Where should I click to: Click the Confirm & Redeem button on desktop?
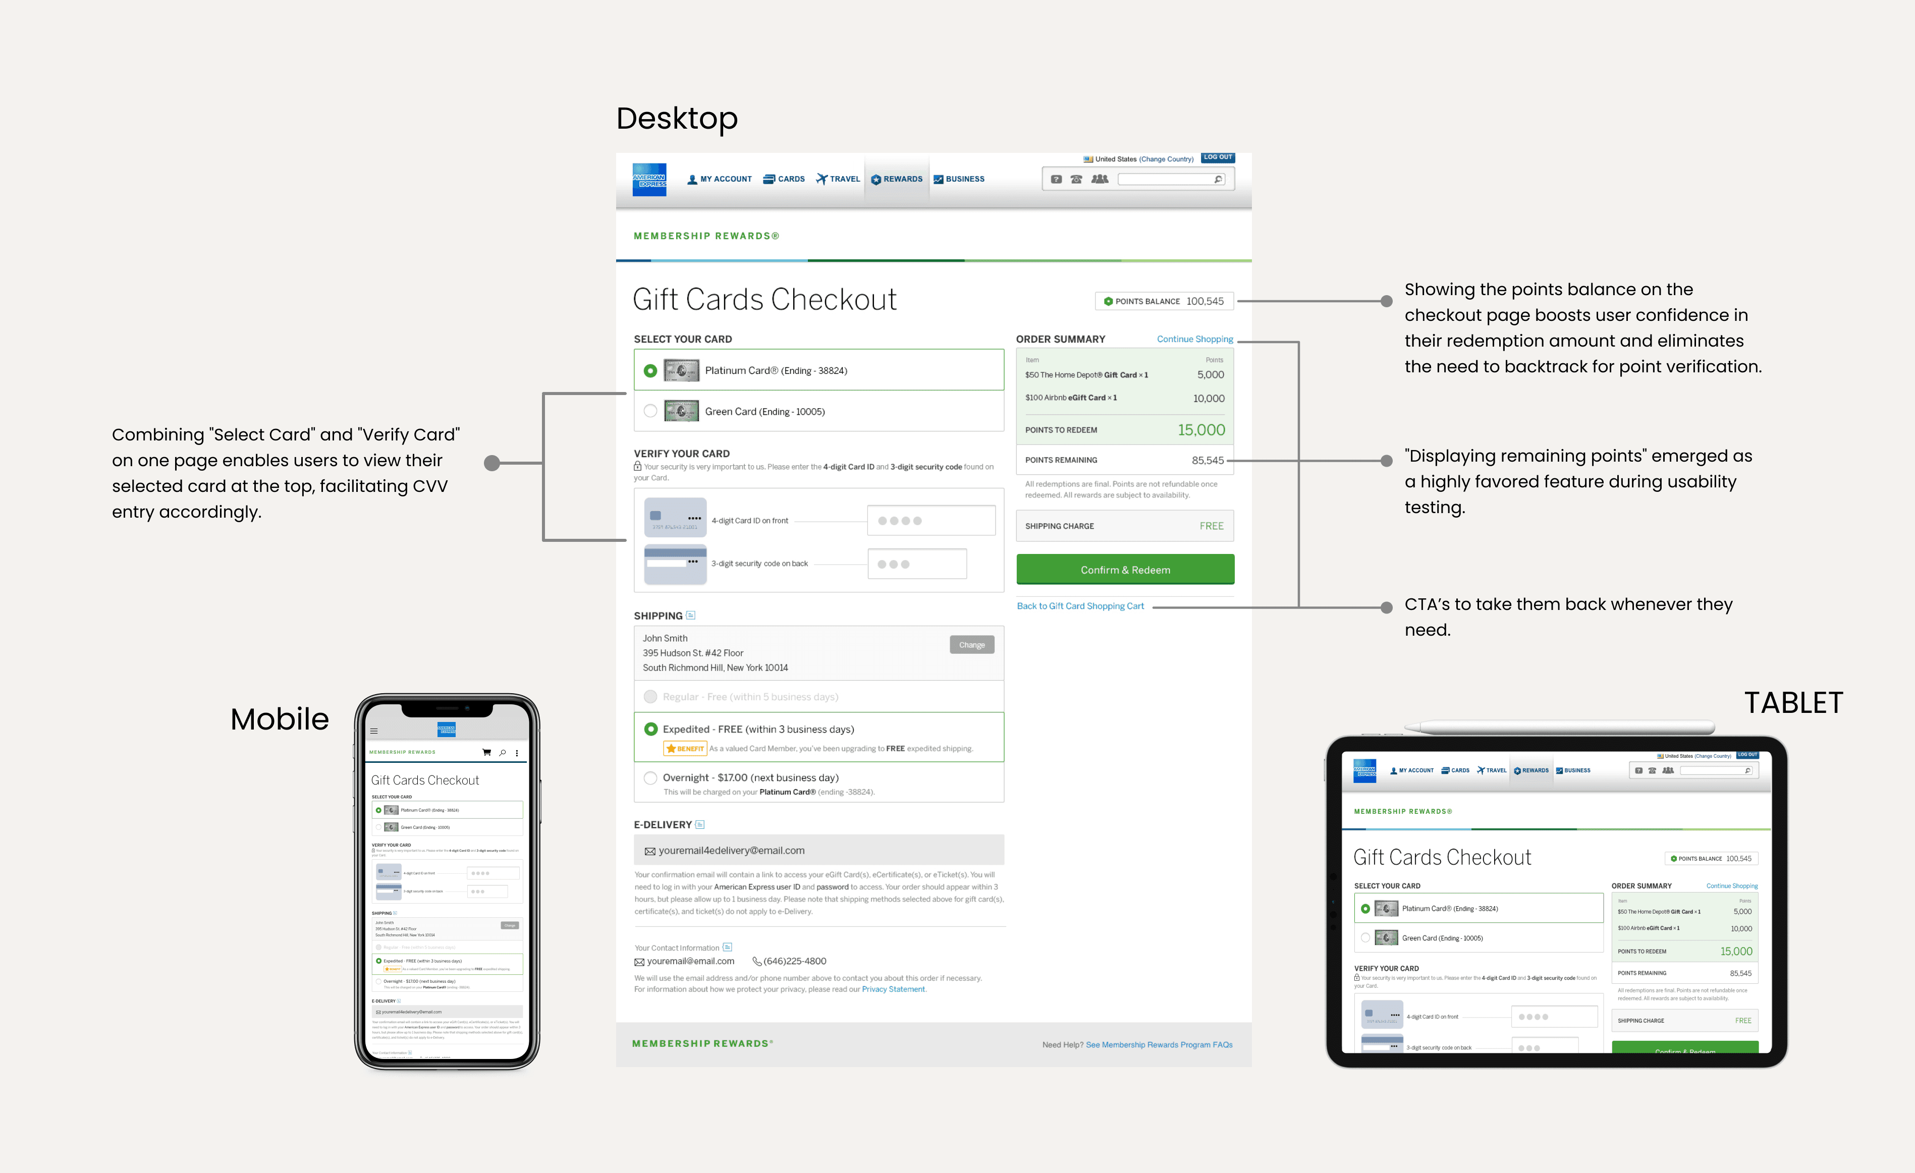point(1125,570)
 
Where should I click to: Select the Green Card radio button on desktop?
point(650,411)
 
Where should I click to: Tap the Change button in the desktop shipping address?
point(971,645)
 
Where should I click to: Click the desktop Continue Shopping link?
point(1194,340)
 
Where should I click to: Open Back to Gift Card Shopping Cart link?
point(1080,606)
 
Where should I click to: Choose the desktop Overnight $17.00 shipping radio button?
point(650,777)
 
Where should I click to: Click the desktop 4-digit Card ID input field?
point(931,521)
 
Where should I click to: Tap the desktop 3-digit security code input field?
point(917,564)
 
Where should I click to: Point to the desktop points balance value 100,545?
point(1205,301)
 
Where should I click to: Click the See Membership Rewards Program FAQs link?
point(1159,1045)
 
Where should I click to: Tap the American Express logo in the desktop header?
point(649,180)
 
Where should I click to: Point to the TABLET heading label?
point(1793,703)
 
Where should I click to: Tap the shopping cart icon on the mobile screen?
point(486,752)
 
